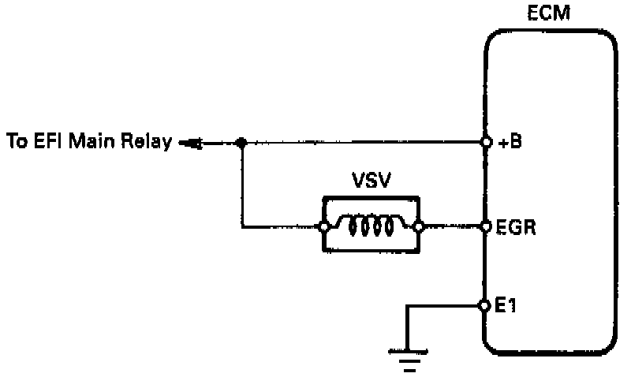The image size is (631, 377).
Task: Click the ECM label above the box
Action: coord(549,15)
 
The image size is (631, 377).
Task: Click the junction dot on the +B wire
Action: coord(242,144)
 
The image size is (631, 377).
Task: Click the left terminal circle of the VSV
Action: coord(324,227)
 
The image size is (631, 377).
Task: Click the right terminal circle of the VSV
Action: coord(418,227)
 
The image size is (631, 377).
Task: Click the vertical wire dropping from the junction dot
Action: coord(242,185)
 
